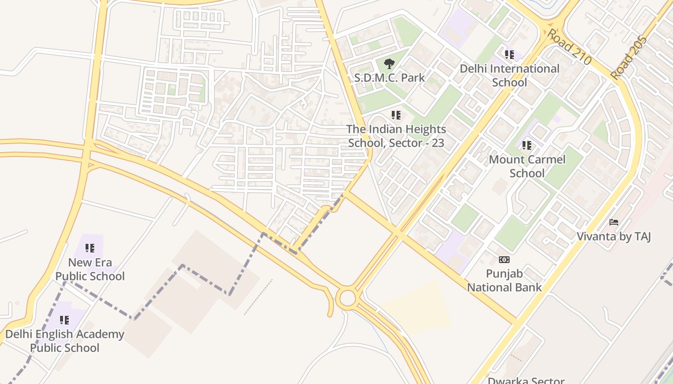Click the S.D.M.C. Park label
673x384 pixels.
point(389,77)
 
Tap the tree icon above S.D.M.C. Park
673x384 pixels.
point(389,63)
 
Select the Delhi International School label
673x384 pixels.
point(510,75)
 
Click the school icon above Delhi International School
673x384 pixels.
point(510,55)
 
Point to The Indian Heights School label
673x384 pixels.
point(396,136)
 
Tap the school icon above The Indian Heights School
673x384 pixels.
point(396,115)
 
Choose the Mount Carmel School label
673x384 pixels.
point(527,166)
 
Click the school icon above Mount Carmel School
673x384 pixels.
point(527,145)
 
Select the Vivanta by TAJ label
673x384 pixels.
point(613,236)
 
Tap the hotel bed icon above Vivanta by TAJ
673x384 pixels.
point(614,222)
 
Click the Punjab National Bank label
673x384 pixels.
point(504,280)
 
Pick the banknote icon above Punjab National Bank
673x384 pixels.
point(504,260)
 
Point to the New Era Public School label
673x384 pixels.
point(90,269)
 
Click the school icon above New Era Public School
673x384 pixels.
point(90,248)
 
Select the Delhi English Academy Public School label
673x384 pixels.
point(64,341)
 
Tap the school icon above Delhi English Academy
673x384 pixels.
point(64,320)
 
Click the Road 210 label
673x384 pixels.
point(569,47)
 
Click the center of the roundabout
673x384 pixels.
point(347,299)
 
